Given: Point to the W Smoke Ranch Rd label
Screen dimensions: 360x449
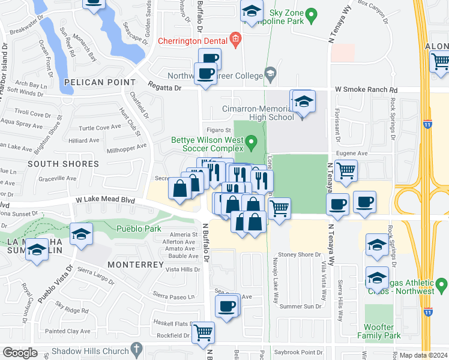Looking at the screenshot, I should pos(366,89).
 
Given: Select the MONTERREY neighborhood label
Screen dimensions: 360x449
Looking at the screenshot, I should pos(136,265).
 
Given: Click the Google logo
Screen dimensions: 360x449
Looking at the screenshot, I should pos(20,353).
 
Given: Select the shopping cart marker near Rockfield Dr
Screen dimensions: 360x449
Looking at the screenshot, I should pos(203,332).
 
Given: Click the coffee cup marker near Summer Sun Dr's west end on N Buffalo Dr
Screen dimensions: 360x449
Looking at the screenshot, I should pos(227,307).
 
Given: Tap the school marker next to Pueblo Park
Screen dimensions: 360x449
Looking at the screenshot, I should pos(81,235).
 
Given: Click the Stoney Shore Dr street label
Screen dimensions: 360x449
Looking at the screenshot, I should pos(301,254).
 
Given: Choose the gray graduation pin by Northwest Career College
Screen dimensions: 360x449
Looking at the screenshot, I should pos(270,76).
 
